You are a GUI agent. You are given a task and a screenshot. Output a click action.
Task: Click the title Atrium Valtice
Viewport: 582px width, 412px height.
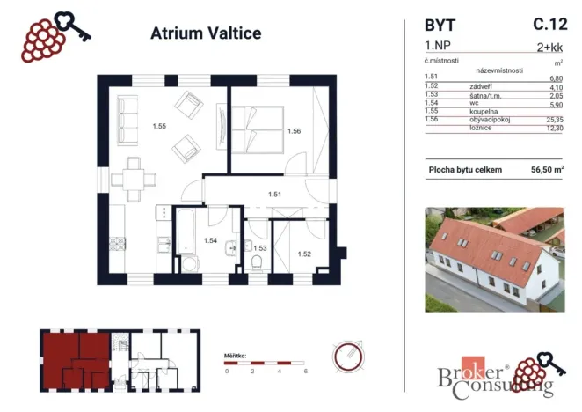coord(194,34)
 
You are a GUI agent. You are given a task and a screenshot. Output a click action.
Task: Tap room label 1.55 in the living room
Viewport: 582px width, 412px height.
coord(159,126)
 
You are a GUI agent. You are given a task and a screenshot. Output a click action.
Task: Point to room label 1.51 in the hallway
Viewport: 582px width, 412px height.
coord(274,195)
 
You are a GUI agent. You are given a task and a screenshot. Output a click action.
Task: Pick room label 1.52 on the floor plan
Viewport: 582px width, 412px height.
coord(304,254)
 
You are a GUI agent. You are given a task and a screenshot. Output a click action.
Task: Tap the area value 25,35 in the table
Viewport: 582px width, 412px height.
coord(551,120)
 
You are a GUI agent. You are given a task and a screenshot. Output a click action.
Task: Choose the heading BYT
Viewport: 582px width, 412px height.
coord(441,26)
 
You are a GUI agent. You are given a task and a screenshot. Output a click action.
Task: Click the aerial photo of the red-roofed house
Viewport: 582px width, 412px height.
coord(493,261)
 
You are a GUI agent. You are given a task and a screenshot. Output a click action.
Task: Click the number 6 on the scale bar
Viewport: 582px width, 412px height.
coord(304,372)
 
